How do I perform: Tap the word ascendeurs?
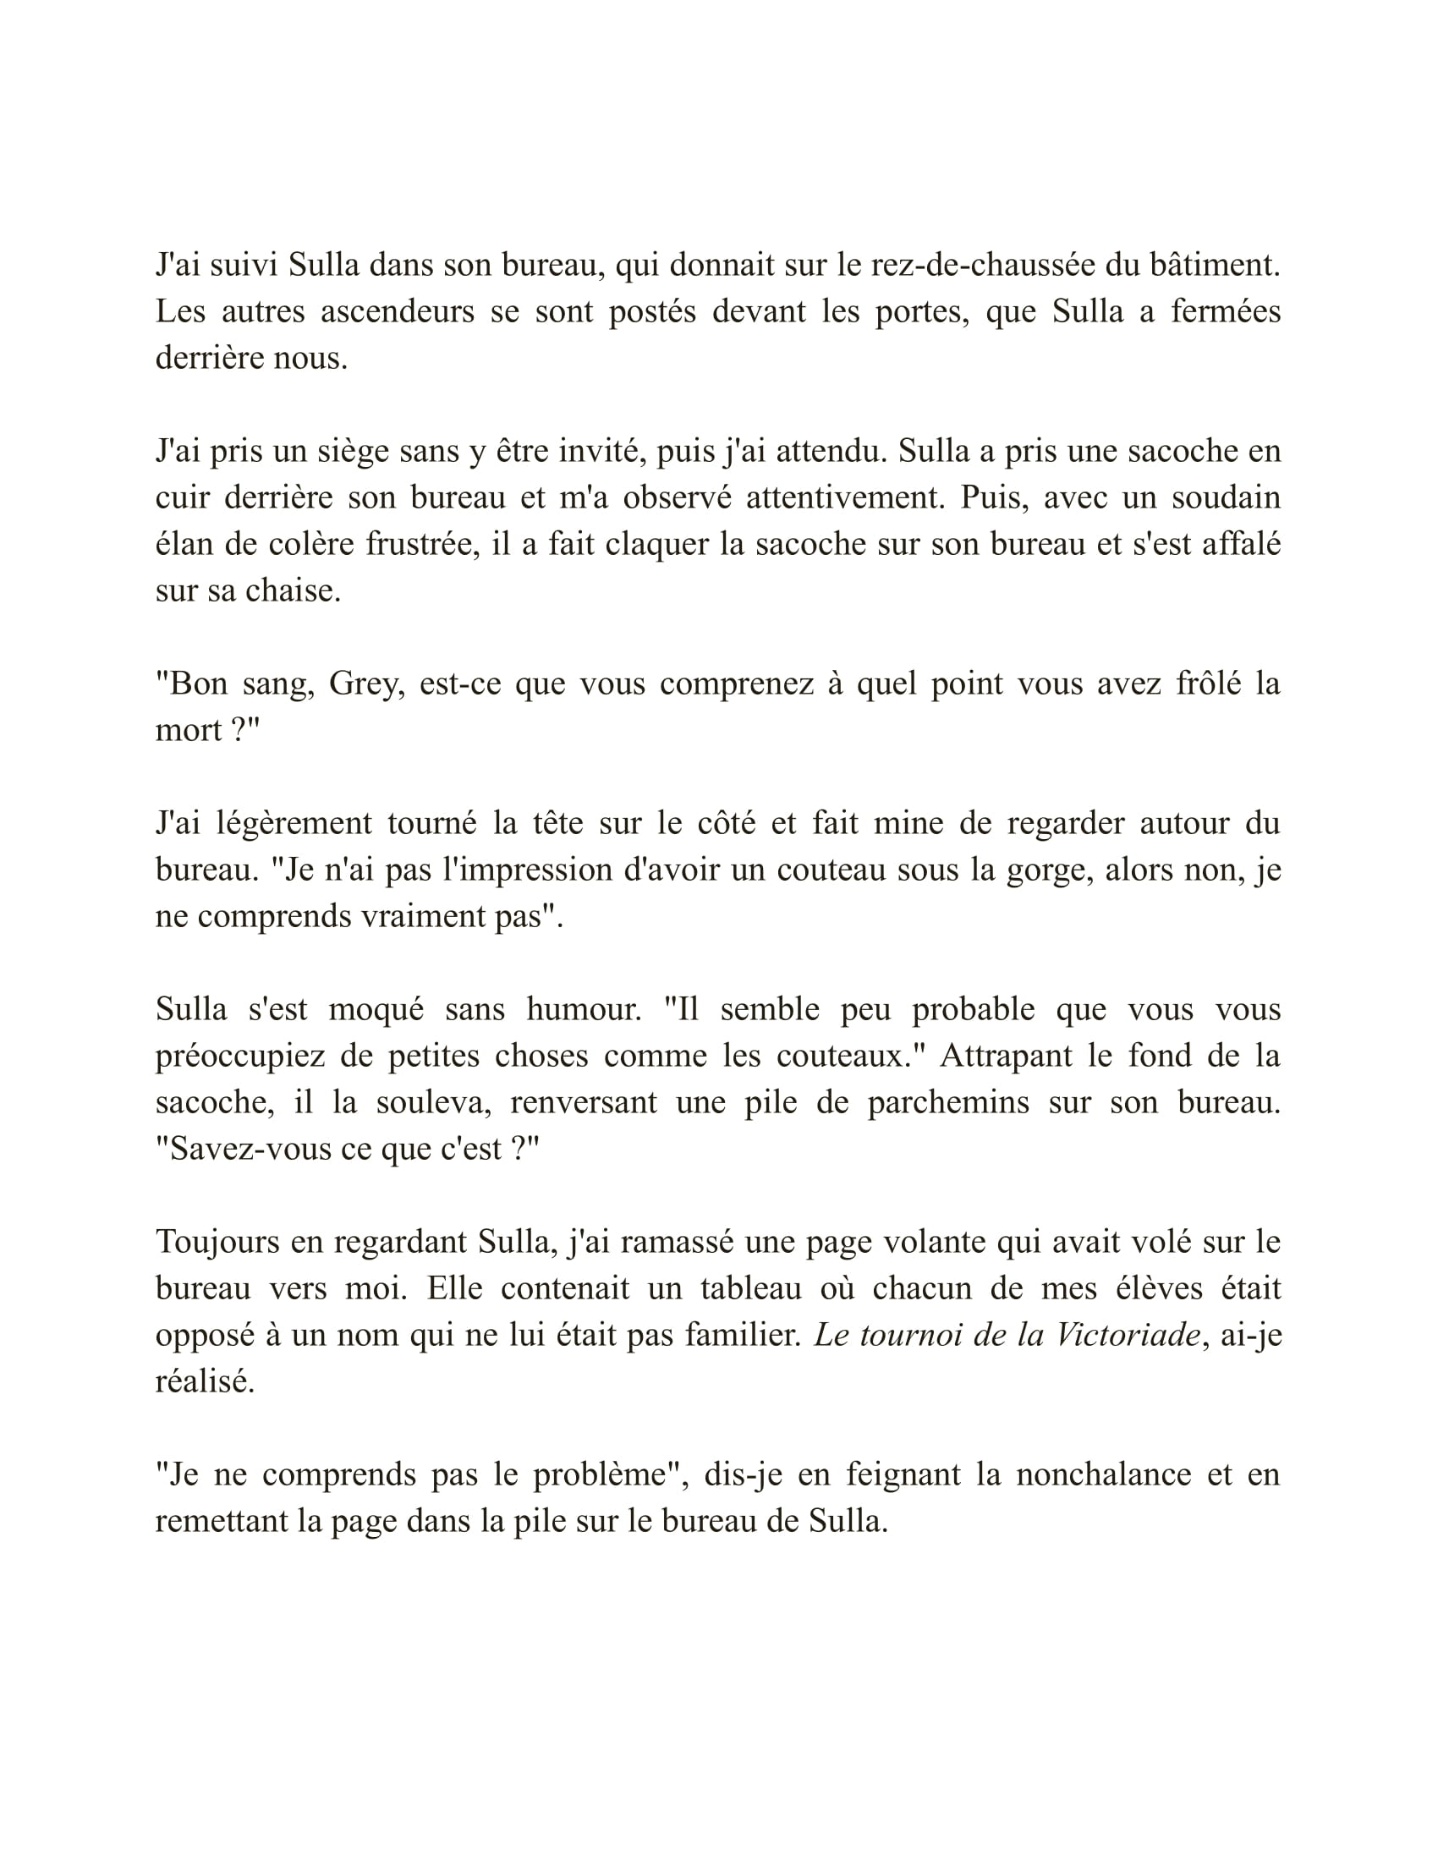click(x=397, y=312)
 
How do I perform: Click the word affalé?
click(x=1240, y=544)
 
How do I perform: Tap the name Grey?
click(x=366, y=683)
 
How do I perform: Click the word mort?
click(x=189, y=730)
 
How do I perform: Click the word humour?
click(x=584, y=1010)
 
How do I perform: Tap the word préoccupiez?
click(x=240, y=1057)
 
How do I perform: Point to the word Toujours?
click(x=216, y=1243)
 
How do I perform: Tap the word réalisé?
click(x=205, y=1381)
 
